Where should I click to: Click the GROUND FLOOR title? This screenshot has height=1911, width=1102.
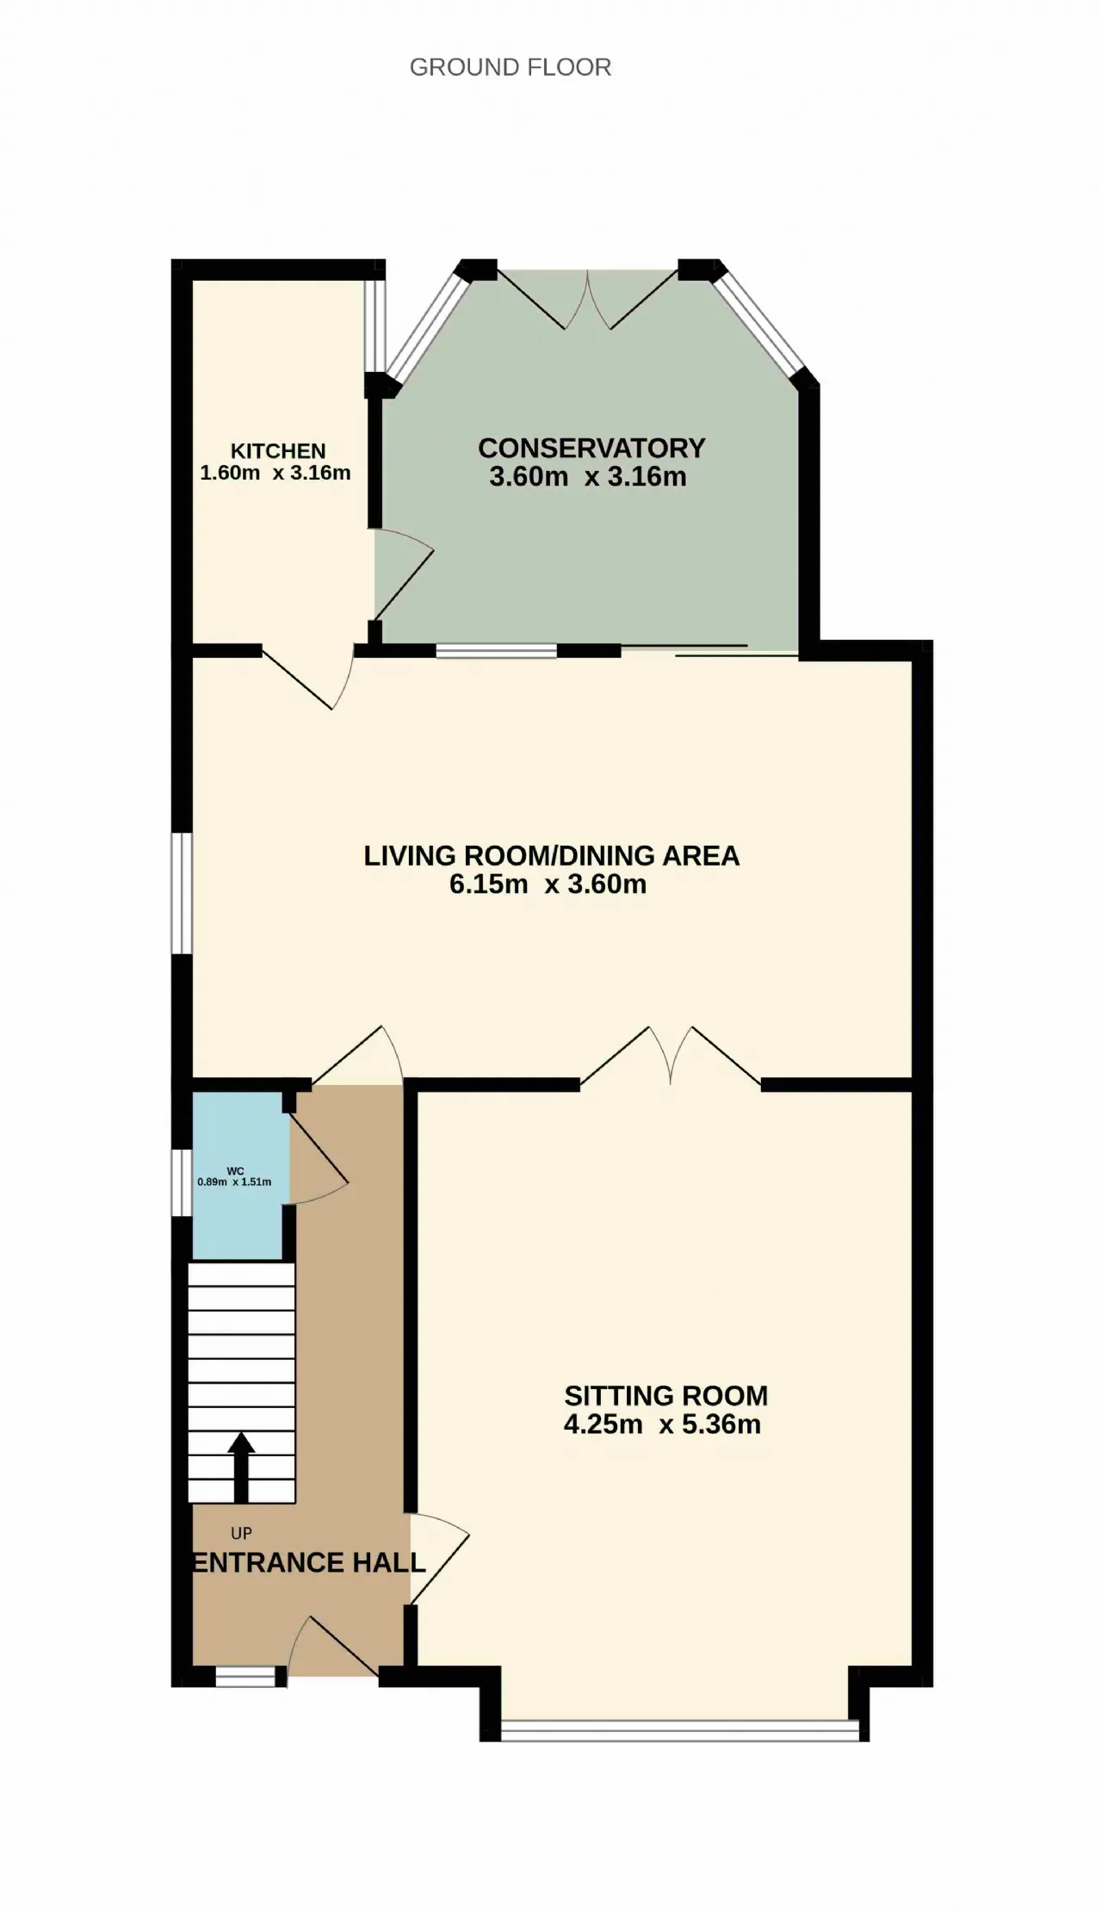[x=511, y=67]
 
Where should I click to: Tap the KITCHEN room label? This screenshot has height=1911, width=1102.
[x=278, y=451]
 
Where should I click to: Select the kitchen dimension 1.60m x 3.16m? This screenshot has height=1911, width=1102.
[x=275, y=473]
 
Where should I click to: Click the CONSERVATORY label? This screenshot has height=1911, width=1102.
[x=591, y=448]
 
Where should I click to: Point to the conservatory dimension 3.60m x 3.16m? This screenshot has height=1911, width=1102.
[x=588, y=476]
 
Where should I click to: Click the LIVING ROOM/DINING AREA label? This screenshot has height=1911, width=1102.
[x=551, y=855]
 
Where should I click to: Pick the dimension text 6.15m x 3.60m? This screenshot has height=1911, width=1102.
[x=548, y=884]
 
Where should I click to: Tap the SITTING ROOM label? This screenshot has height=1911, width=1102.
[x=666, y=1395]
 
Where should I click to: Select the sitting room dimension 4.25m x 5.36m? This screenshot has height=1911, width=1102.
[x=662, y=1424]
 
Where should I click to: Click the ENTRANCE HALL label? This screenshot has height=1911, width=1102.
[x=308, y=1562]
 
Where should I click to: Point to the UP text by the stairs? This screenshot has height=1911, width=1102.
[x=241, y=1533]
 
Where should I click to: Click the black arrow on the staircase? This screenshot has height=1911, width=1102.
[x=241, y=1467]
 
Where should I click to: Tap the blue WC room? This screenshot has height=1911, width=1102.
[x=238, y=1176]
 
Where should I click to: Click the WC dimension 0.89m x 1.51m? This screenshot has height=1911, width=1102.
[x=234, y=1182]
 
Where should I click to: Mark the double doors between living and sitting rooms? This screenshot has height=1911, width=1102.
[x=671, y=1056]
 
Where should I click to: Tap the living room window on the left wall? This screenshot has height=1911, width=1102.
[x=181, y=893]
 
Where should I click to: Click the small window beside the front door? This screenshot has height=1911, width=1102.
[x=245, y=1677]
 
